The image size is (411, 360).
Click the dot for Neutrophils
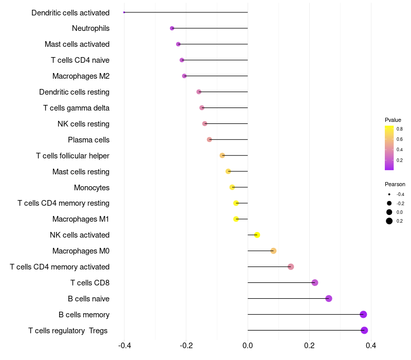(172, 28)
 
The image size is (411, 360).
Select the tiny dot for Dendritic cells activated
(124, 12)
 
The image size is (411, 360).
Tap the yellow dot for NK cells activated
(257, 235)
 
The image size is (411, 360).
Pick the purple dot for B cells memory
(363, 314)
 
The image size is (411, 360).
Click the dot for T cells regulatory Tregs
(364, 330)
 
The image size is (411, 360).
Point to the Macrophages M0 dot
(273, 251)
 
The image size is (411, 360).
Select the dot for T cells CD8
(315, 282)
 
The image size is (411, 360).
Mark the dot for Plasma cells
(209, 139)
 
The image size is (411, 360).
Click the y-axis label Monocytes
(92, 188)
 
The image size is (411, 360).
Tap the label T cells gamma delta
(76, 108)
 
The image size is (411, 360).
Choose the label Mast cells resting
(81, 172)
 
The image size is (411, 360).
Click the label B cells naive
(88, 299)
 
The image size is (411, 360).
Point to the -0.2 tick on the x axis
(186, 345)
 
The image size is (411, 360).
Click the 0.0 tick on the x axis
(248, 345)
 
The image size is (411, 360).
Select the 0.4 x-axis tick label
(371, 345)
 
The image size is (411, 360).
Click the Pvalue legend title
(393, 120)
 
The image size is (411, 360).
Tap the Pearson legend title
(395, 184)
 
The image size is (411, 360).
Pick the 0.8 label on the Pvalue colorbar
(400, 129)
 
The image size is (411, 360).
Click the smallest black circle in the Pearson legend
(389, 194)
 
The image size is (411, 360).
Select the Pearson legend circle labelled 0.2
(389, 221)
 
